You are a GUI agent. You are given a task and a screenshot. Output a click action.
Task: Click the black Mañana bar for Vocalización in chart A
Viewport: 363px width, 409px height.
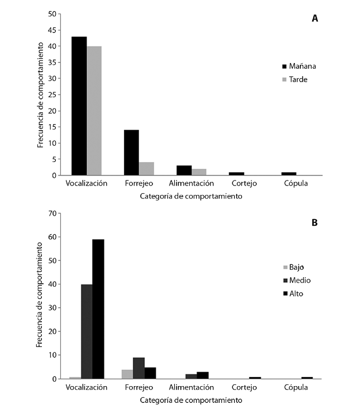79,106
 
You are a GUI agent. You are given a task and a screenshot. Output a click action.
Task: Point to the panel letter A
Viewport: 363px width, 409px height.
315,18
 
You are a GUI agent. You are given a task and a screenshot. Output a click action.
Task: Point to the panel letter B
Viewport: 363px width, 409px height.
315,222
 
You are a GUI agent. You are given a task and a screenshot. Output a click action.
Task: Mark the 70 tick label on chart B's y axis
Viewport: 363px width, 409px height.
52,213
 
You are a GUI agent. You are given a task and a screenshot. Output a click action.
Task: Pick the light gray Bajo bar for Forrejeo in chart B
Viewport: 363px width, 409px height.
127,374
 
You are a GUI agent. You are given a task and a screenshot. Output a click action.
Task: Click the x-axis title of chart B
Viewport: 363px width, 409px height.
191,400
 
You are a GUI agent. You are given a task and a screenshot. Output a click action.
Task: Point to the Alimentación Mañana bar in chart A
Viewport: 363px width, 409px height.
184,170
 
